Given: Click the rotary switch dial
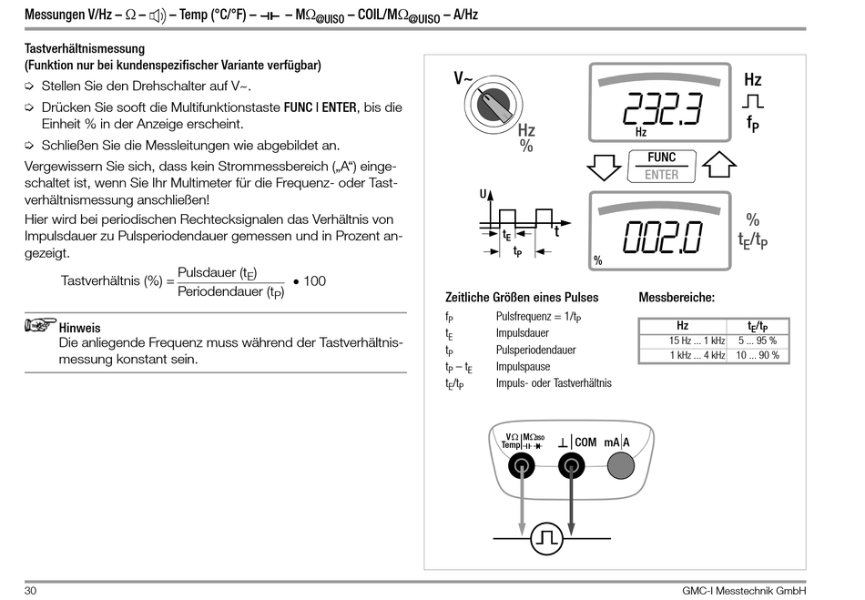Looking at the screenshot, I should pyautogui.click(x=494, y=107).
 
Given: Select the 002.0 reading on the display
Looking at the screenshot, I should pyautogui.click(x=662, y=238).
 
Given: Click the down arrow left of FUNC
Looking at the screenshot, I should pyautogui.click(x=603, y=167).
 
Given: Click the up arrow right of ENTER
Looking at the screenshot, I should pyautogui.click(x=719, y=166).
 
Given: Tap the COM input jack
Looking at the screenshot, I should pyautogui.click(x=571, y=466).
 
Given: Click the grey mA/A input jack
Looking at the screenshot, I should pyautogui.click(x=620, y=466).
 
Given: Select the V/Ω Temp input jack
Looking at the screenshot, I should pyautogui.click(x=522, y=466).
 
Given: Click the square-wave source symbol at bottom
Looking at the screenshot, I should pyautogui.click(x=546, y=538).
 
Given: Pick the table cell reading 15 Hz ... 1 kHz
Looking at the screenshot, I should pyautogui.click(x=682, y=341).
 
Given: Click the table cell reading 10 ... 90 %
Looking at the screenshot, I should pyautogui.click(x=758, y=355).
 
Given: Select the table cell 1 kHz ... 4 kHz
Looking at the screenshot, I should pyautogui.click(x=682, y=355).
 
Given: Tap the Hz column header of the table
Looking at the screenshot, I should pyautogui.click(x=682, y=326).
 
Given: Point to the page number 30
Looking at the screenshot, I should pyautogui.click(x=31, y=589).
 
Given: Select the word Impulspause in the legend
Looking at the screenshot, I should pyautogui.click(x=523, y=367).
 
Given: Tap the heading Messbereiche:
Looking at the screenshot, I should pyautogui.click(x=677, y=298).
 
